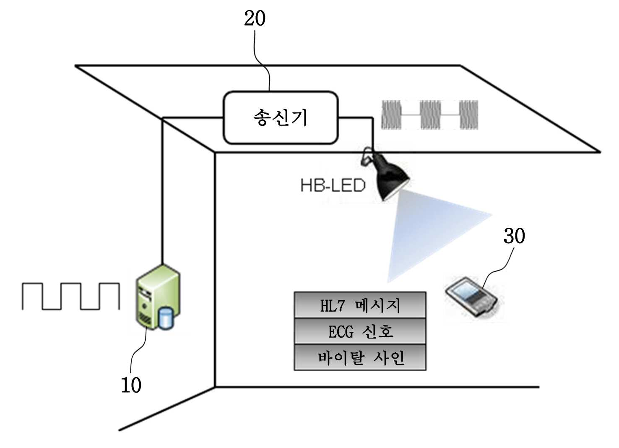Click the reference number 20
255,19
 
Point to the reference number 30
514,236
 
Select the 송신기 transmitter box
281,117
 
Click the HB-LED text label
333,185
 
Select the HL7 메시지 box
360,305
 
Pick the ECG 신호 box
360,331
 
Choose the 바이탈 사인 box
360,357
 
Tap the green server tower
158,297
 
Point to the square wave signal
71,296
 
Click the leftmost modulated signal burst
391,115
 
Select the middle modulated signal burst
430,115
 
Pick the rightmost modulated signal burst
469,115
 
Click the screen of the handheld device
466,291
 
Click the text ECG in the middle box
341,332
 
